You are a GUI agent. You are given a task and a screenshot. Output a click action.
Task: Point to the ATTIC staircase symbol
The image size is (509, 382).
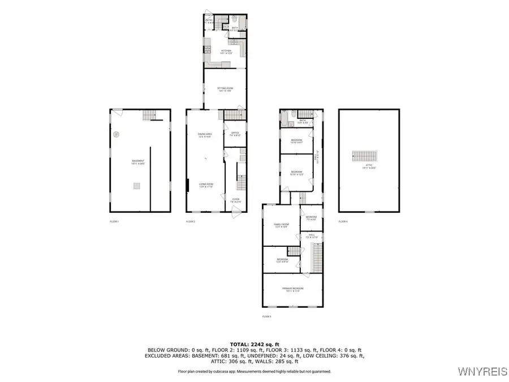[x=364, y=156]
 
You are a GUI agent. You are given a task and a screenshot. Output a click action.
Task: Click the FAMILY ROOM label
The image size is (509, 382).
[x=281, y=225]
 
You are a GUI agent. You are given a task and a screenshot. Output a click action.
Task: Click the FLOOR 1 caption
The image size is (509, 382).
[x=115, y=221]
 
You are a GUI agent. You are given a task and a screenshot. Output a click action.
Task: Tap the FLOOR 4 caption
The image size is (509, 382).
[x=343, y=221]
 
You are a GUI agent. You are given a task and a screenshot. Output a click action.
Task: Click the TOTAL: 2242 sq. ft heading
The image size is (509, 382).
[x=254, y=344]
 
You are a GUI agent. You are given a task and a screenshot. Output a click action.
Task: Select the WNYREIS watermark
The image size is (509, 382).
[x=482, y=372]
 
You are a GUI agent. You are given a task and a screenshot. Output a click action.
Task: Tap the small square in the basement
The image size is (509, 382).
[x=137, y=186]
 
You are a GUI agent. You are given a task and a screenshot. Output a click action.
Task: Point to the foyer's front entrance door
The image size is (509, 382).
[x=237, y=211]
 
